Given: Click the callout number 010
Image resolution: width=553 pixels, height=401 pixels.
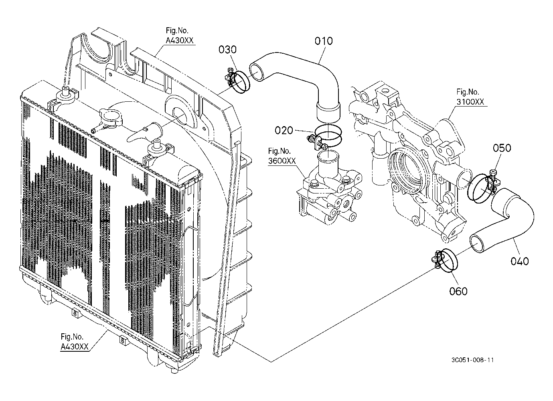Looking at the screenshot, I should (x=323, y=41).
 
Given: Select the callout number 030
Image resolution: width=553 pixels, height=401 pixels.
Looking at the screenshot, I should (x=227, y=50).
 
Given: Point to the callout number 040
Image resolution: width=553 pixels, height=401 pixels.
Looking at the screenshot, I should (x=520, y=261).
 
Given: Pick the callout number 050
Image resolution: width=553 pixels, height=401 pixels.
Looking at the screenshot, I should (x=502, y=148).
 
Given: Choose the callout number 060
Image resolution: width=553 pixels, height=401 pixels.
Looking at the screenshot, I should (x=458, y=291).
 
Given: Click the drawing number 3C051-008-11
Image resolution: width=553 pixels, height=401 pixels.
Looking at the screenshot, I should (x=472, y=360).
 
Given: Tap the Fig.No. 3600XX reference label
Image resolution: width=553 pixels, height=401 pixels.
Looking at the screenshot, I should (x=282, y=156).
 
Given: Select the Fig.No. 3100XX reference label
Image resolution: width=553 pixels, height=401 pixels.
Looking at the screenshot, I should (x=470, y=97).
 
